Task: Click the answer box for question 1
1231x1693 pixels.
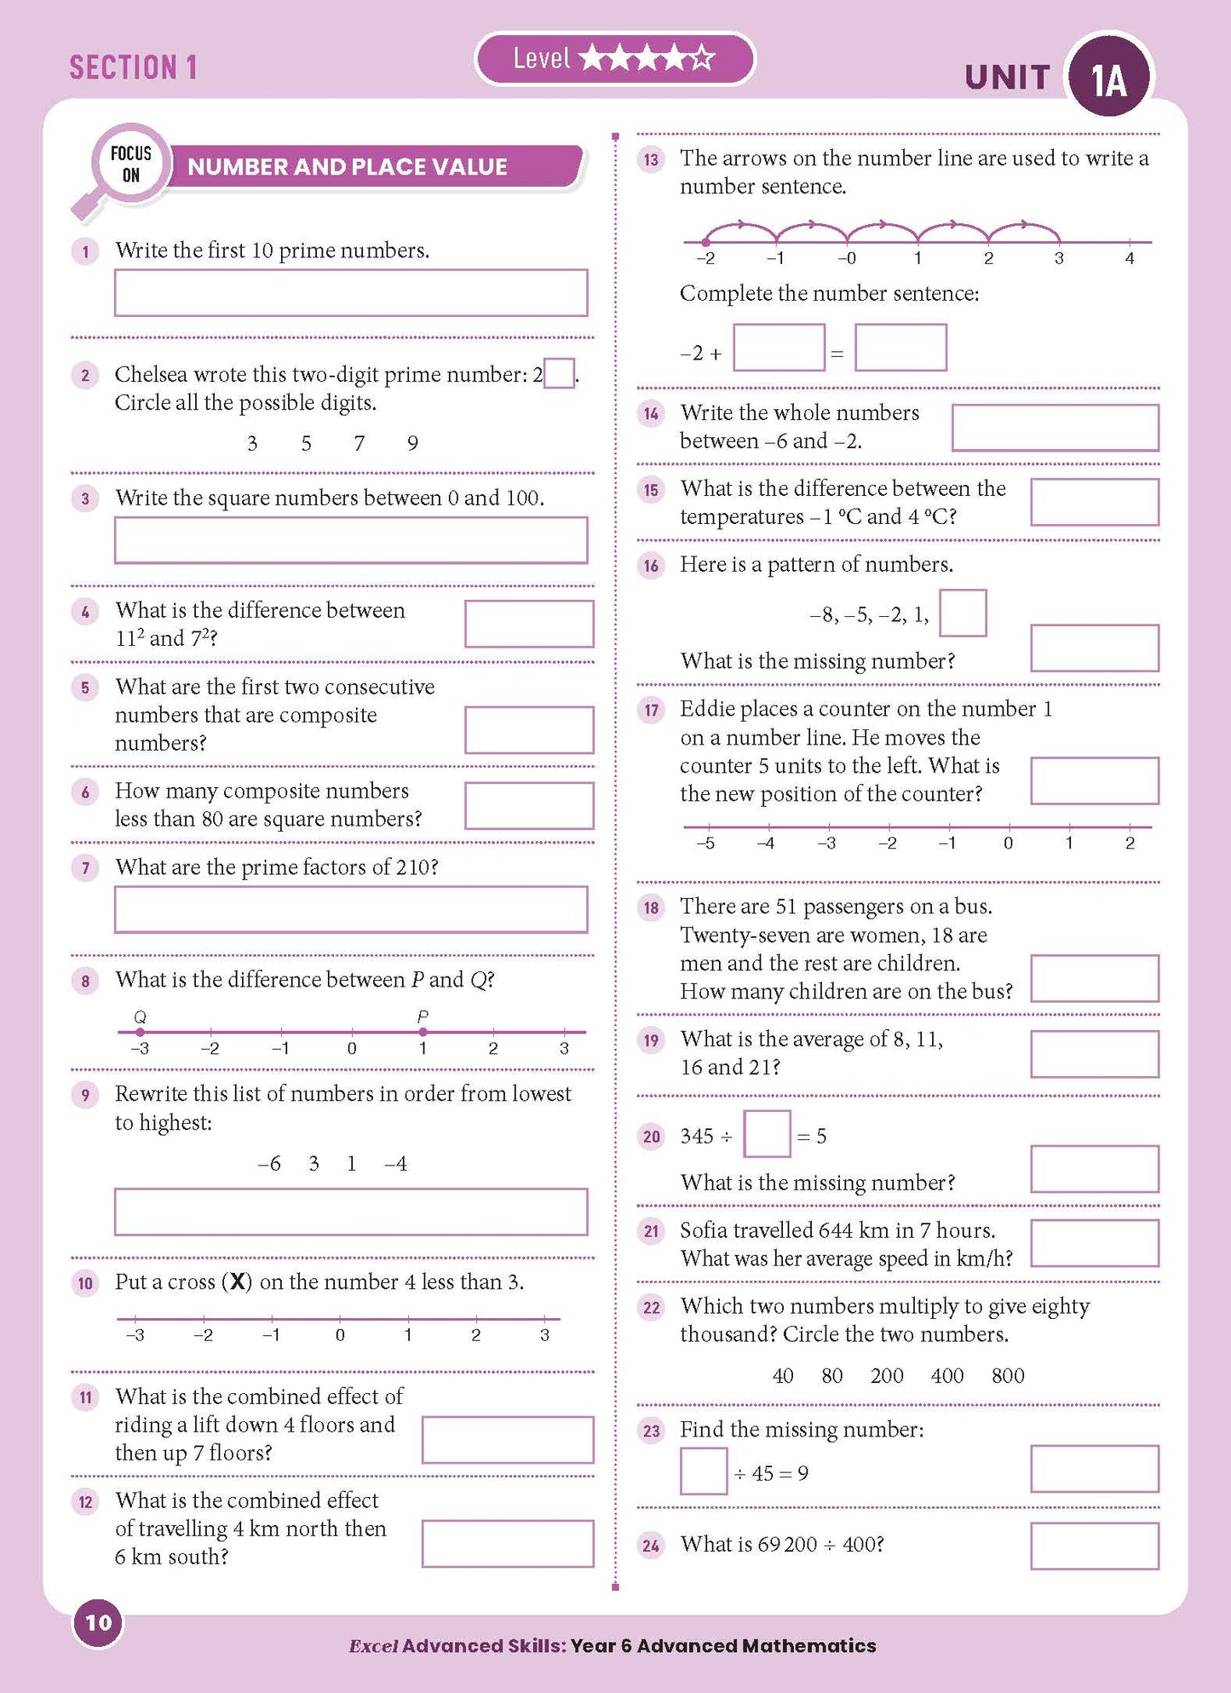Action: point(350,293)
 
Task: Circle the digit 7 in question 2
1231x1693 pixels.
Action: point(360,443)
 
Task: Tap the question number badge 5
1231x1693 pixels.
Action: point(85,688)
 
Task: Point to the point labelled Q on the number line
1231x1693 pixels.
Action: point(141,1032)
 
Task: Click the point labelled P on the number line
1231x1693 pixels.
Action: point(423,1032)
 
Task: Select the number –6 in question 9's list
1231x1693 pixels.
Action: point(269,1164)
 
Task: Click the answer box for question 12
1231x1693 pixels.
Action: point(507,1544)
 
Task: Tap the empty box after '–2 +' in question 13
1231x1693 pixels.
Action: point(779,348)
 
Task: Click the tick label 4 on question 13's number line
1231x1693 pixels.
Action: point(1130,258)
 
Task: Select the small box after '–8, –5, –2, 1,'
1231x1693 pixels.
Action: point(963,613)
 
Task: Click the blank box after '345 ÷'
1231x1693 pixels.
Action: point(767,1134)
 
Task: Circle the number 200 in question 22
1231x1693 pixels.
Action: point(887,1376)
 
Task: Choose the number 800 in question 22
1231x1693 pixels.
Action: point(1008,1376)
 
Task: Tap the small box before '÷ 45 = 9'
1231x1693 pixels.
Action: point(704,1471)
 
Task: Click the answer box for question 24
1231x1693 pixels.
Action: point(1094,1546)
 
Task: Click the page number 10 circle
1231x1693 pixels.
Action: point(99,1622)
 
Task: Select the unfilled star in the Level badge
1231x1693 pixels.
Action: point(701,59)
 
